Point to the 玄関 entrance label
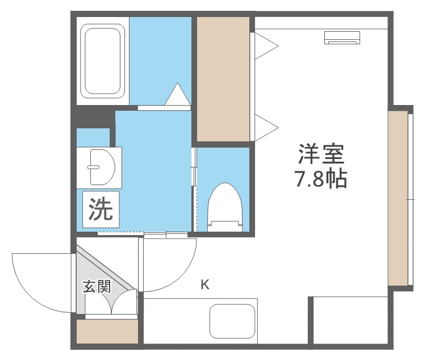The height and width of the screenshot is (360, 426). (x=97, y=286)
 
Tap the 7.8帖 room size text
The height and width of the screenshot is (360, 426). (x=319, y=179)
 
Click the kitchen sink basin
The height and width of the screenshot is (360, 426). (x=233, y=321)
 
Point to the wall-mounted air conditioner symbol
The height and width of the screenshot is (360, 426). (x=343, y=37)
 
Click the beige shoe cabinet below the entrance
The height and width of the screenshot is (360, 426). (x=107, y=332)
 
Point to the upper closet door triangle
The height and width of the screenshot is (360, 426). (x=265, y=45)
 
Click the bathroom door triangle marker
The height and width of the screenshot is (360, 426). (x=177, y=95)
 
